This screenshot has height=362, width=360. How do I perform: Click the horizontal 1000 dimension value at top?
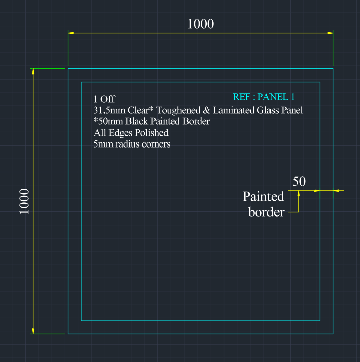[x=200, y=24]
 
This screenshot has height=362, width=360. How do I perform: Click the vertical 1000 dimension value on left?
[x=24, y=201]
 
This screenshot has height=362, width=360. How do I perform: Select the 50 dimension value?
[x=299, y=182]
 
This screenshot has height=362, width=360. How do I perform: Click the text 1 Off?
[x=104, y=99]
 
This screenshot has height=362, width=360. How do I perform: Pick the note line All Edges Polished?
[x=131, y=133]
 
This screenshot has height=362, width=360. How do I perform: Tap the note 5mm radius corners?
[x=132, y=144]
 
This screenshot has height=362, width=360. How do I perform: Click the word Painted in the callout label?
[x=263, y=196]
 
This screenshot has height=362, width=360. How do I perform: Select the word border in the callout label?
[x=266, y=212]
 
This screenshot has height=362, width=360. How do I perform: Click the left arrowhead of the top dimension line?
[x=71, y=33]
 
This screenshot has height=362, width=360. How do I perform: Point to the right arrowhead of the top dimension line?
[x=330, y=33]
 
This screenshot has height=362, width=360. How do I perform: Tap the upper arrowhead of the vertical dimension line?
[x=33, y=72]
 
